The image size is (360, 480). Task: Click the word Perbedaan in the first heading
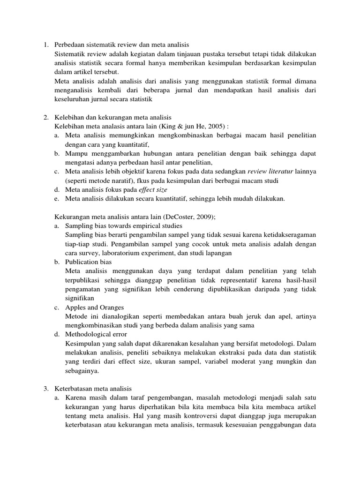(x=70, y=45)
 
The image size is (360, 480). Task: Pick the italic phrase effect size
(x=153, y=189)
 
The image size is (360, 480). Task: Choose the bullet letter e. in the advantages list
(x=56, y=199)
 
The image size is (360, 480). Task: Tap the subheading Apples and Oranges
(x=94, y=307)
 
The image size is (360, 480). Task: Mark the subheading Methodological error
(x=96, y=334)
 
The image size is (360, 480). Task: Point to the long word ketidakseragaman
(x=287, y=235)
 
